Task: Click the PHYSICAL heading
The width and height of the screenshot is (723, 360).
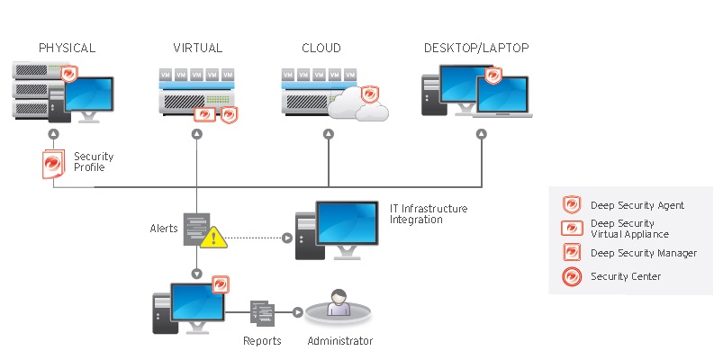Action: [67, 48]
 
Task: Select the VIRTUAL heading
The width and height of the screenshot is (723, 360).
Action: [197, 48]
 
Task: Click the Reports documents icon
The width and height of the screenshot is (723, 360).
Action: [261, 313]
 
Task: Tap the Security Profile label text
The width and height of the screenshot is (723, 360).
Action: [94, 162]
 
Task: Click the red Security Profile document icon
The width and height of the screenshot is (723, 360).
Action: [56, 164]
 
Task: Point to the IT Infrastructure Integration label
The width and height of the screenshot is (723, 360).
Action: [428, 214]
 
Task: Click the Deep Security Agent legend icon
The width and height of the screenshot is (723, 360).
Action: [571, 205]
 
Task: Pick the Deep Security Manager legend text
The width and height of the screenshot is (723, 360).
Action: [643, 253]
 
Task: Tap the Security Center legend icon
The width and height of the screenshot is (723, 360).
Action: [571, 276]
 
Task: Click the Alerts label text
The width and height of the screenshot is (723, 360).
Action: [163, 229]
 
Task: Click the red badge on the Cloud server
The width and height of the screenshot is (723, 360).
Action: [368, 94]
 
